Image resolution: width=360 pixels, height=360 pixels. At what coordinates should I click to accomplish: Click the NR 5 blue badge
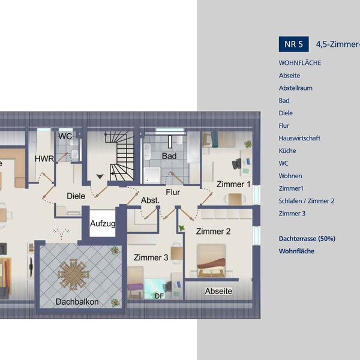coord(294,44)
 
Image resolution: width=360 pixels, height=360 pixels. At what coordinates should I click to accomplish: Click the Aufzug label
coord(103,224)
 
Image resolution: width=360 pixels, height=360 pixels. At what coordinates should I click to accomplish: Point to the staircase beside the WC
coord(120,154)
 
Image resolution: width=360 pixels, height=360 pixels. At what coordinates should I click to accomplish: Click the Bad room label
coord(169,156)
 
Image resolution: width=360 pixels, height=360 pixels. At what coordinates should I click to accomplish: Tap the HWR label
coord(44,159)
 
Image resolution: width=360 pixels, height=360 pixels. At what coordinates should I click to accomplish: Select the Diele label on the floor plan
coord(76,195)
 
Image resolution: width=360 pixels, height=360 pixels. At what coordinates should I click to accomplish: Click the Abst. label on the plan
coord(149,200)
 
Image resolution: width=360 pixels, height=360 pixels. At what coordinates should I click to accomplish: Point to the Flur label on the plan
coord(173,193)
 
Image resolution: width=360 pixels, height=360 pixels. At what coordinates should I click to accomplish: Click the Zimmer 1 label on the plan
coord(233,184)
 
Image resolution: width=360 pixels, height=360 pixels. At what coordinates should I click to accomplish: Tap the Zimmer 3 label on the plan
coord(151,257)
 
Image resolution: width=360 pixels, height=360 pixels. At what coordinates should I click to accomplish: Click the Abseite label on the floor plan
coord(218,291)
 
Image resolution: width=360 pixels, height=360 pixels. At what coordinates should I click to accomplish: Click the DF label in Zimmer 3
coord(159,296)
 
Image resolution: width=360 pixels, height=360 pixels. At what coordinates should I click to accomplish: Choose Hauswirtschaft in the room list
coord(299,138)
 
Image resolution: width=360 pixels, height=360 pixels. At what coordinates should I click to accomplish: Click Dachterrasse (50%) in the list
coord(307,238)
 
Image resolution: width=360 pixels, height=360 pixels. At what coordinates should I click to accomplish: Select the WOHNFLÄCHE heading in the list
coord(300,62)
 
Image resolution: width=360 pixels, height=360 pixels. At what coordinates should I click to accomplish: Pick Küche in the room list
coord(287,151)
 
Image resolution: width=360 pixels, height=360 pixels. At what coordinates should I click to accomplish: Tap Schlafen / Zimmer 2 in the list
coord(306,201)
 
